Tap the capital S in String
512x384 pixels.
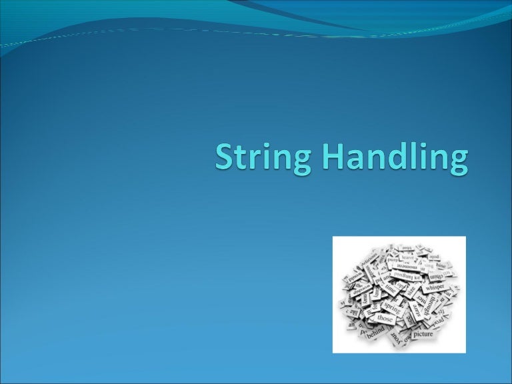click(225, 158)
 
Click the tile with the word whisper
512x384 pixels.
click(435, 285)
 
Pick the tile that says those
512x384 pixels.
click(386, 319)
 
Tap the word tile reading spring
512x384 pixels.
click(393, 308)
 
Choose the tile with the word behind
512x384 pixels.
click(375, 331)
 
